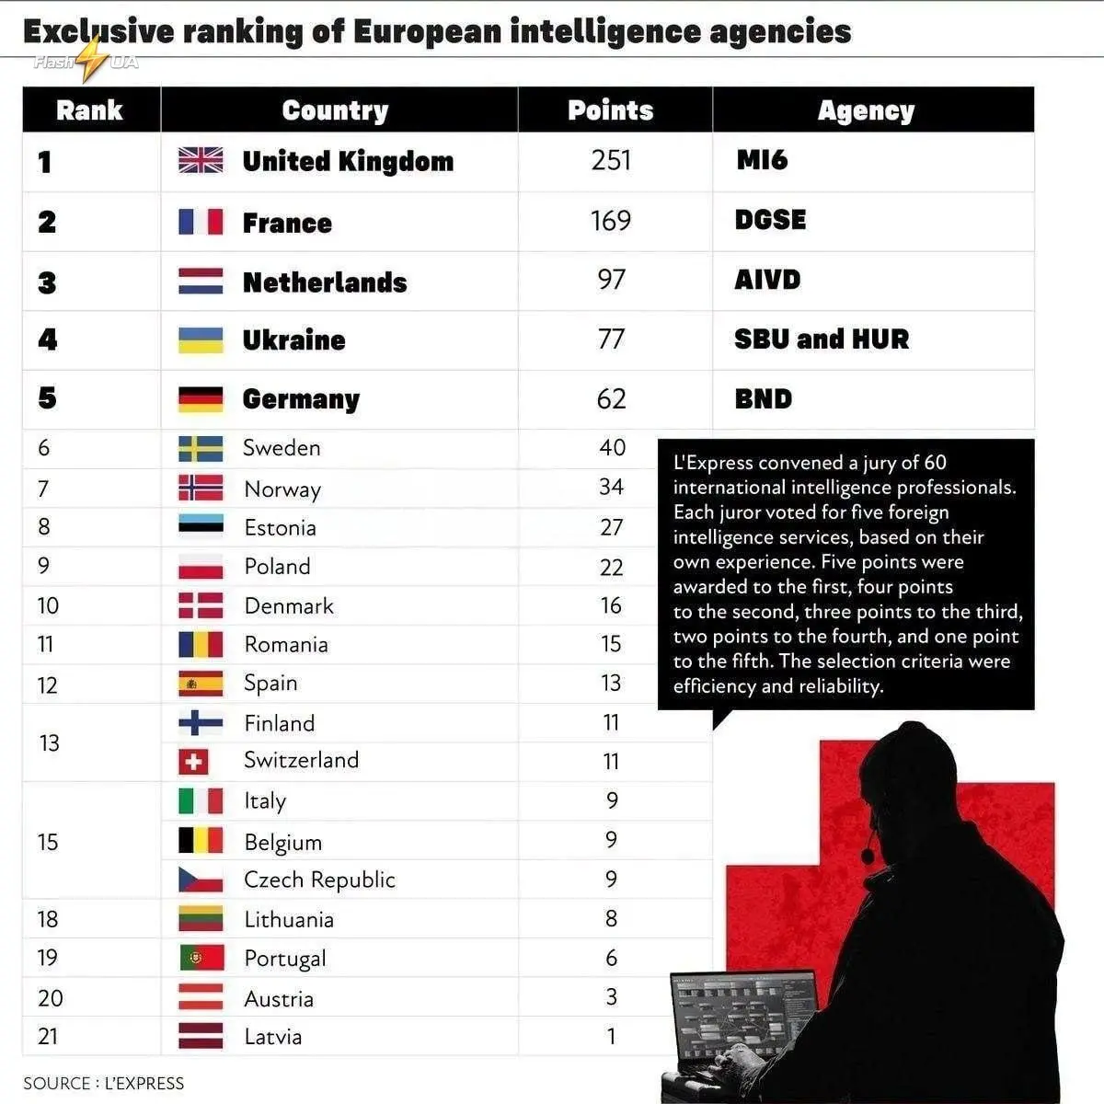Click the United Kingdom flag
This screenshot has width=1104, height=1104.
click(201, 160)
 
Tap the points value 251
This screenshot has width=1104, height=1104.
click(611, 160)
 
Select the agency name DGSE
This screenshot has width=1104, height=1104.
click(771, 220)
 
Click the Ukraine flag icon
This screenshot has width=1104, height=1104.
click(201, 340)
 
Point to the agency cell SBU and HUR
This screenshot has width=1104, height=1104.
click(822, 339)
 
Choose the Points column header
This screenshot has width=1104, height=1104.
click(611, 110)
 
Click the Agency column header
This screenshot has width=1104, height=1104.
click(866, 111)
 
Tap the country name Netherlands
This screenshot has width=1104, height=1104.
click(325, 282)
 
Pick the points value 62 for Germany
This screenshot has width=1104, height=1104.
click(611, 399)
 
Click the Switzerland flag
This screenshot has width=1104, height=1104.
click(193, 762)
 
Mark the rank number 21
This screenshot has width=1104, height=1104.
click(48, 1037)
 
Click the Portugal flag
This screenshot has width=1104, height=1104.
click(201, 958)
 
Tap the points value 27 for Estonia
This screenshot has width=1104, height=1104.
click(611, 527)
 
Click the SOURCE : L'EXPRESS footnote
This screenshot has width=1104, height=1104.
click(104, 1084)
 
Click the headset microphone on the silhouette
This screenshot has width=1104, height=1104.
click(868, 856)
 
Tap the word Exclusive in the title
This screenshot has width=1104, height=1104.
click(98, 31)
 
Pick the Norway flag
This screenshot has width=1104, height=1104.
click(201, 489)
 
